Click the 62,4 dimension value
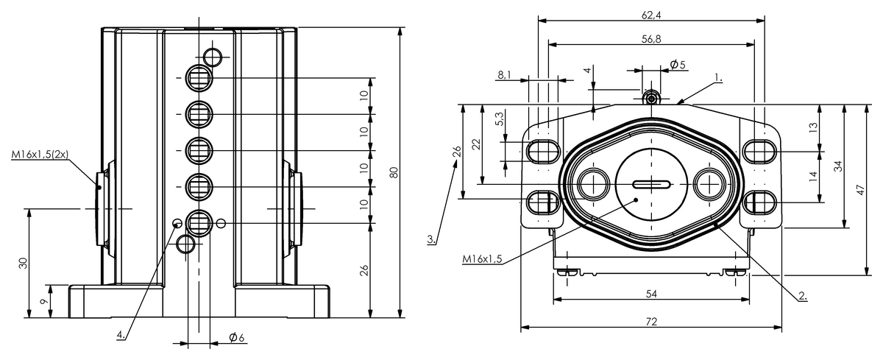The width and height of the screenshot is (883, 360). pyautogui.click(x=650, y=14)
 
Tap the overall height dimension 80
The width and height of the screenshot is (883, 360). pyautogui.click(x=394, y=173)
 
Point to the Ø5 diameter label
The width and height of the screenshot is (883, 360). pyautogui.click(x=677, y=65)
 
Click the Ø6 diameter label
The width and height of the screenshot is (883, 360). pyautogui.click(x=236, y=337)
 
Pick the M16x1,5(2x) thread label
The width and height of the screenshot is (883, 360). pyautogui.click(x=40, y=155)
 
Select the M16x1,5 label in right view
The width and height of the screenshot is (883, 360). pyautogui.click(x=482, y=259)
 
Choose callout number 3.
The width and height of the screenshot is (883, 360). pyautogui.click(x=433, y=239)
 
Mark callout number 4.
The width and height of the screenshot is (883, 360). pyautogui.click(x=121, y=334)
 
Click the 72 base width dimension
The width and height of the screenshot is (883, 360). pyautogui.click(x=650, y=322)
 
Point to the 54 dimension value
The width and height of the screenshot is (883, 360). pyautogui.click(x=650, y=294)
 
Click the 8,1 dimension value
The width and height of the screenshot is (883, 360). pyautogui.click(x=506, y=75)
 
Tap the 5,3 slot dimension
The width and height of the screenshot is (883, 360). pyautogui.click(x=500, y=120)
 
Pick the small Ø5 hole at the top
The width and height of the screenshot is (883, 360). pyautogui.click(x=650, y=98)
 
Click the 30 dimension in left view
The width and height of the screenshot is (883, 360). pyautogui.click(x=24, y=263)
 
